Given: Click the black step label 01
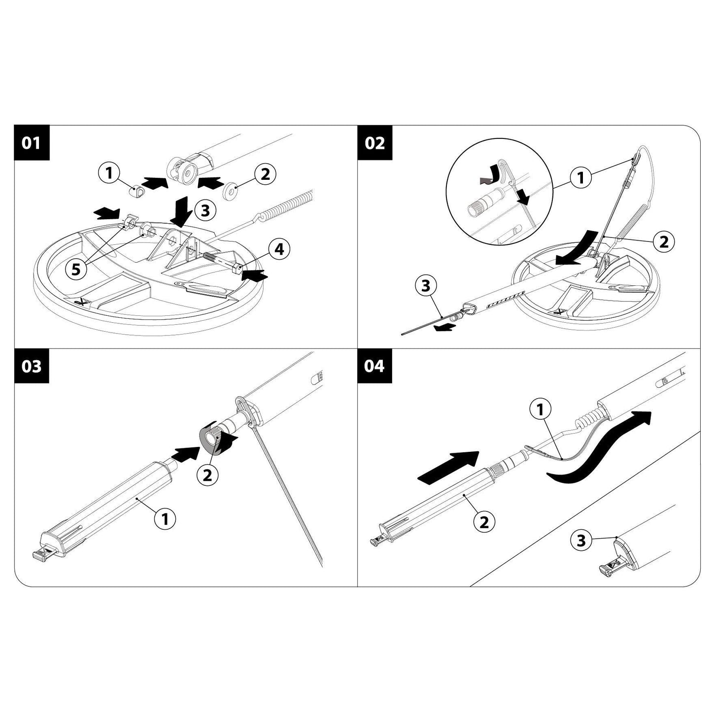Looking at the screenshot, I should click(32, 143).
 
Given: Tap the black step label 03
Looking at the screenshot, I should click(32, 367).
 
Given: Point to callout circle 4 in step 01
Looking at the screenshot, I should click(278, 249).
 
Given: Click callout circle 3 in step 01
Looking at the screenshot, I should click(205, 210).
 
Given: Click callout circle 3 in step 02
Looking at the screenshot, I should click(427, 286).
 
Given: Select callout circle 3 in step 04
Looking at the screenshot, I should click(581, 541).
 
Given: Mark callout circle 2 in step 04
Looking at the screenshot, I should click(484, 521).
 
